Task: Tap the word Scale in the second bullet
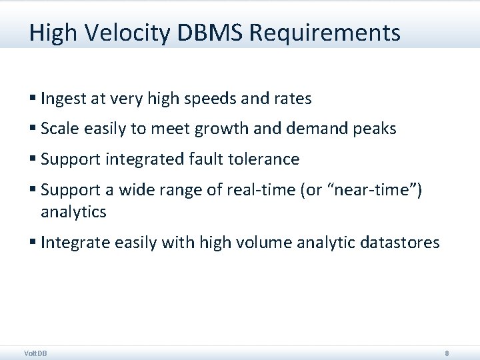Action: pyautogui.click(x=58, y=129)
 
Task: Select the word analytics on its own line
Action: pyautogui.click(x=73, y=212)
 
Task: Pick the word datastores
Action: pyautogui.click(x=399, y=243)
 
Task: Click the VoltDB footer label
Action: pyautogui.click(x=35, y=353)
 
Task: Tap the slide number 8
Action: pyautogui.click(x=447, y=353)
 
